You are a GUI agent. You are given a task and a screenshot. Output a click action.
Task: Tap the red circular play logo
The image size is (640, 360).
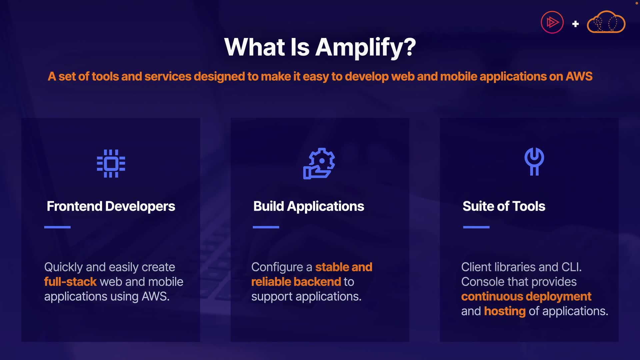tap(552, 22)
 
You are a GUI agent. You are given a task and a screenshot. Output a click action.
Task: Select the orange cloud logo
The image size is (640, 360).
tap(606, 22)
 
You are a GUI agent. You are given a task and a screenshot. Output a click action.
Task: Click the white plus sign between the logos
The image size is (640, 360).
tap(575, 24)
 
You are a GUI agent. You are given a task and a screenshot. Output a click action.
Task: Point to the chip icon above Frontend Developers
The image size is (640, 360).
tap(111, 163)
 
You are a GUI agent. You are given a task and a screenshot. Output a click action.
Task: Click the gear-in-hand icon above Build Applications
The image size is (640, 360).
tap(319, 163)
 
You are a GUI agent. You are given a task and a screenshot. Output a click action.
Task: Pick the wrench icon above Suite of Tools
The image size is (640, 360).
tap(534, 161)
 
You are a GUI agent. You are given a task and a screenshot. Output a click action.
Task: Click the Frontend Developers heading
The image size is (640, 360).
tap(111, 206)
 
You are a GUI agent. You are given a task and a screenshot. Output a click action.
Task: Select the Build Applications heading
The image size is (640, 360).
tap(308, 206)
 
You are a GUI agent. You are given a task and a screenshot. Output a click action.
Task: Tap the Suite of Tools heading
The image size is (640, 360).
tap(504, 206)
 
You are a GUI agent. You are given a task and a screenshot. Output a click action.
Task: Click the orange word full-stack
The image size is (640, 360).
tap(70, 282)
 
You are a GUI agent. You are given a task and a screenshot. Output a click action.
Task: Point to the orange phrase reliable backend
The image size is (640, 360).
tap(296, 282)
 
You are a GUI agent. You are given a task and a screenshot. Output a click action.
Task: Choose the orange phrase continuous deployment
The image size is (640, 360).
tap(526, 297)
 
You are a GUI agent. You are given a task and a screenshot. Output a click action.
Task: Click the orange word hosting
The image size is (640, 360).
tap(505, 311)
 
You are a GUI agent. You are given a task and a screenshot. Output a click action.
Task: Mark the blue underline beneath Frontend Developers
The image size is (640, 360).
tap(57, 227)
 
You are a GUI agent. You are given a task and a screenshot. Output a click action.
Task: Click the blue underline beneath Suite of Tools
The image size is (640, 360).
tap(476, 227)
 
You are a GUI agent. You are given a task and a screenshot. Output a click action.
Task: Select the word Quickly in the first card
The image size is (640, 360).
tap(63, 267)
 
